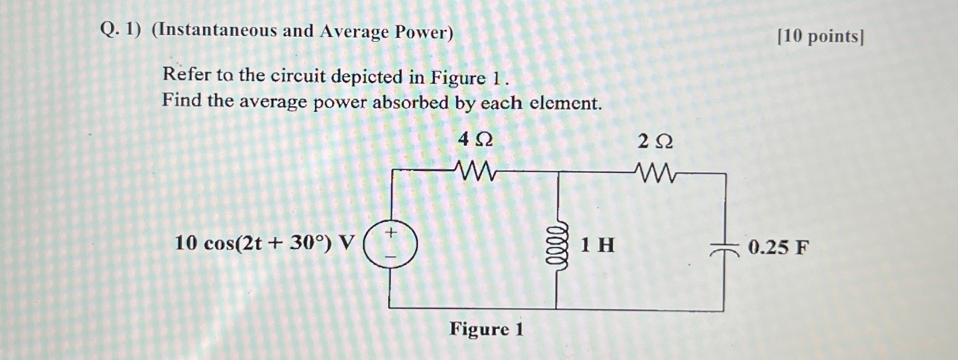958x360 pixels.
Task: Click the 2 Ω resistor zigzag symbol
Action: (655, 173)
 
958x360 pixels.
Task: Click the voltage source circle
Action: (390, 245)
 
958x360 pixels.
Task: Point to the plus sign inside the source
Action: (391, 233)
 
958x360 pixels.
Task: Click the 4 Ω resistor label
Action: (475, 140)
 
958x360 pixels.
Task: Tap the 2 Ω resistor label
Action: (655, 142)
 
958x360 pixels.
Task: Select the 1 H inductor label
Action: (597, 245)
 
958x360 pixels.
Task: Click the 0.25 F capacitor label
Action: (778, 247)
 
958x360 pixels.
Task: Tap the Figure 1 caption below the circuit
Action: (486, 329)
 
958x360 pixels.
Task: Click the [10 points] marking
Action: (820, 37)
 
